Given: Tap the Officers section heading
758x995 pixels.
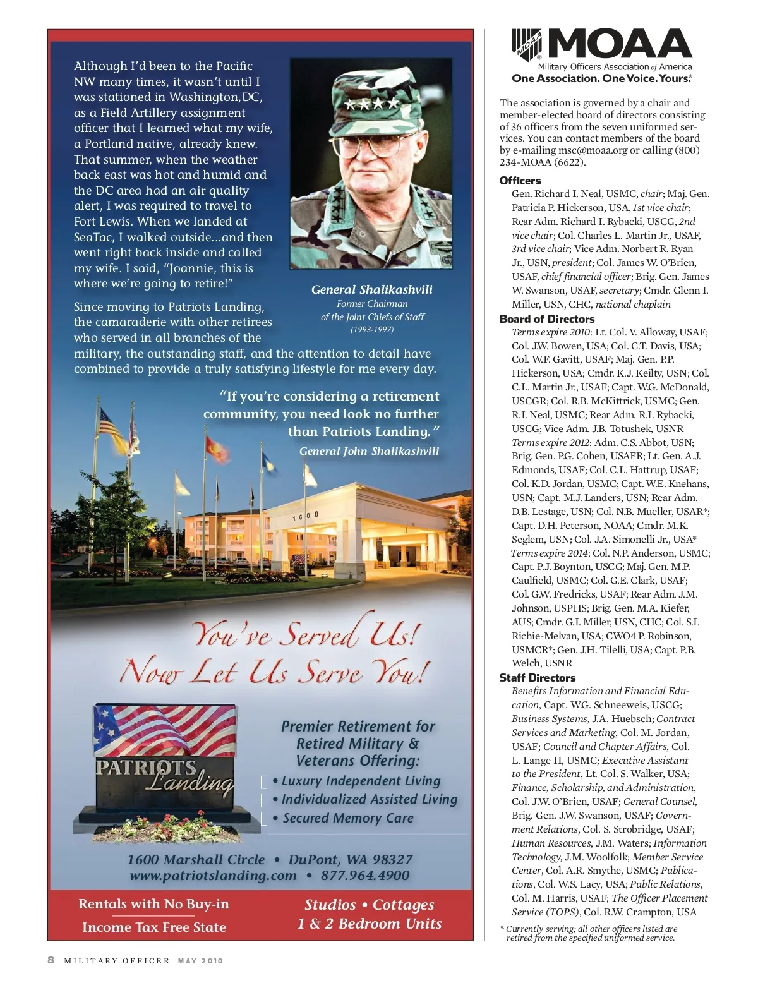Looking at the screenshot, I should tap(520, 181).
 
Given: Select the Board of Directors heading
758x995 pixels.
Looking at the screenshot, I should tap(547, 319).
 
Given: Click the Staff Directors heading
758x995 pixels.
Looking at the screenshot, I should tap(538, 678).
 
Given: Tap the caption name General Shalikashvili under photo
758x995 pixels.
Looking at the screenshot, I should tap(372, 290).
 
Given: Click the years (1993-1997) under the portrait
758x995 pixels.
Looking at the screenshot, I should tap(372, 330).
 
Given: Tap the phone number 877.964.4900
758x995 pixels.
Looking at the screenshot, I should tap(365, 876).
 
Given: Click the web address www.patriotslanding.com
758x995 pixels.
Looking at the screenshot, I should tap(213, 876).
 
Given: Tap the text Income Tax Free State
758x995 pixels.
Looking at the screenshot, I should tap(153, 927).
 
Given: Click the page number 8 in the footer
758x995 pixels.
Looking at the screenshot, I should tap(51, 960).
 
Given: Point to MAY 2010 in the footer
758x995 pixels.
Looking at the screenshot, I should tap(200, 961).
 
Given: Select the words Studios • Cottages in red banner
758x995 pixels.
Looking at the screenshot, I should tap(370, 905).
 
